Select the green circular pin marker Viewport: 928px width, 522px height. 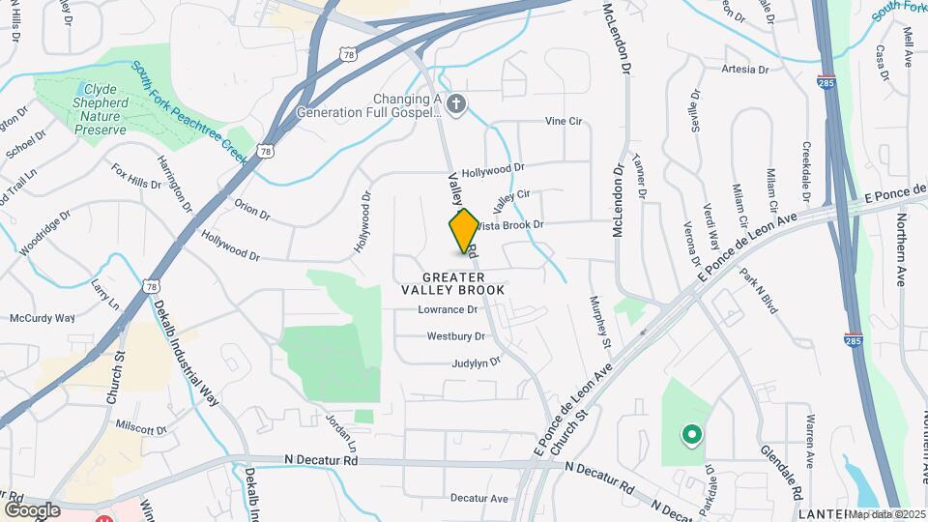pos(691,435)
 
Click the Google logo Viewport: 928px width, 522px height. pos(32,509)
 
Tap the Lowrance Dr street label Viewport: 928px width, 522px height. pos(448,310)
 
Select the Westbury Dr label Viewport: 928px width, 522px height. pos(455,337)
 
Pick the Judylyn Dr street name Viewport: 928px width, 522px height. pos(477,362)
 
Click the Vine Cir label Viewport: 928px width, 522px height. pos(564,122)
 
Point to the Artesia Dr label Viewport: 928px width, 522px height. pos(744,70)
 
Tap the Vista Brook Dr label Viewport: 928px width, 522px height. pos(509,224)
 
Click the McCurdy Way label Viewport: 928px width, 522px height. pos(42,318)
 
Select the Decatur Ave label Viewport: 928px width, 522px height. pos(479,499)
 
